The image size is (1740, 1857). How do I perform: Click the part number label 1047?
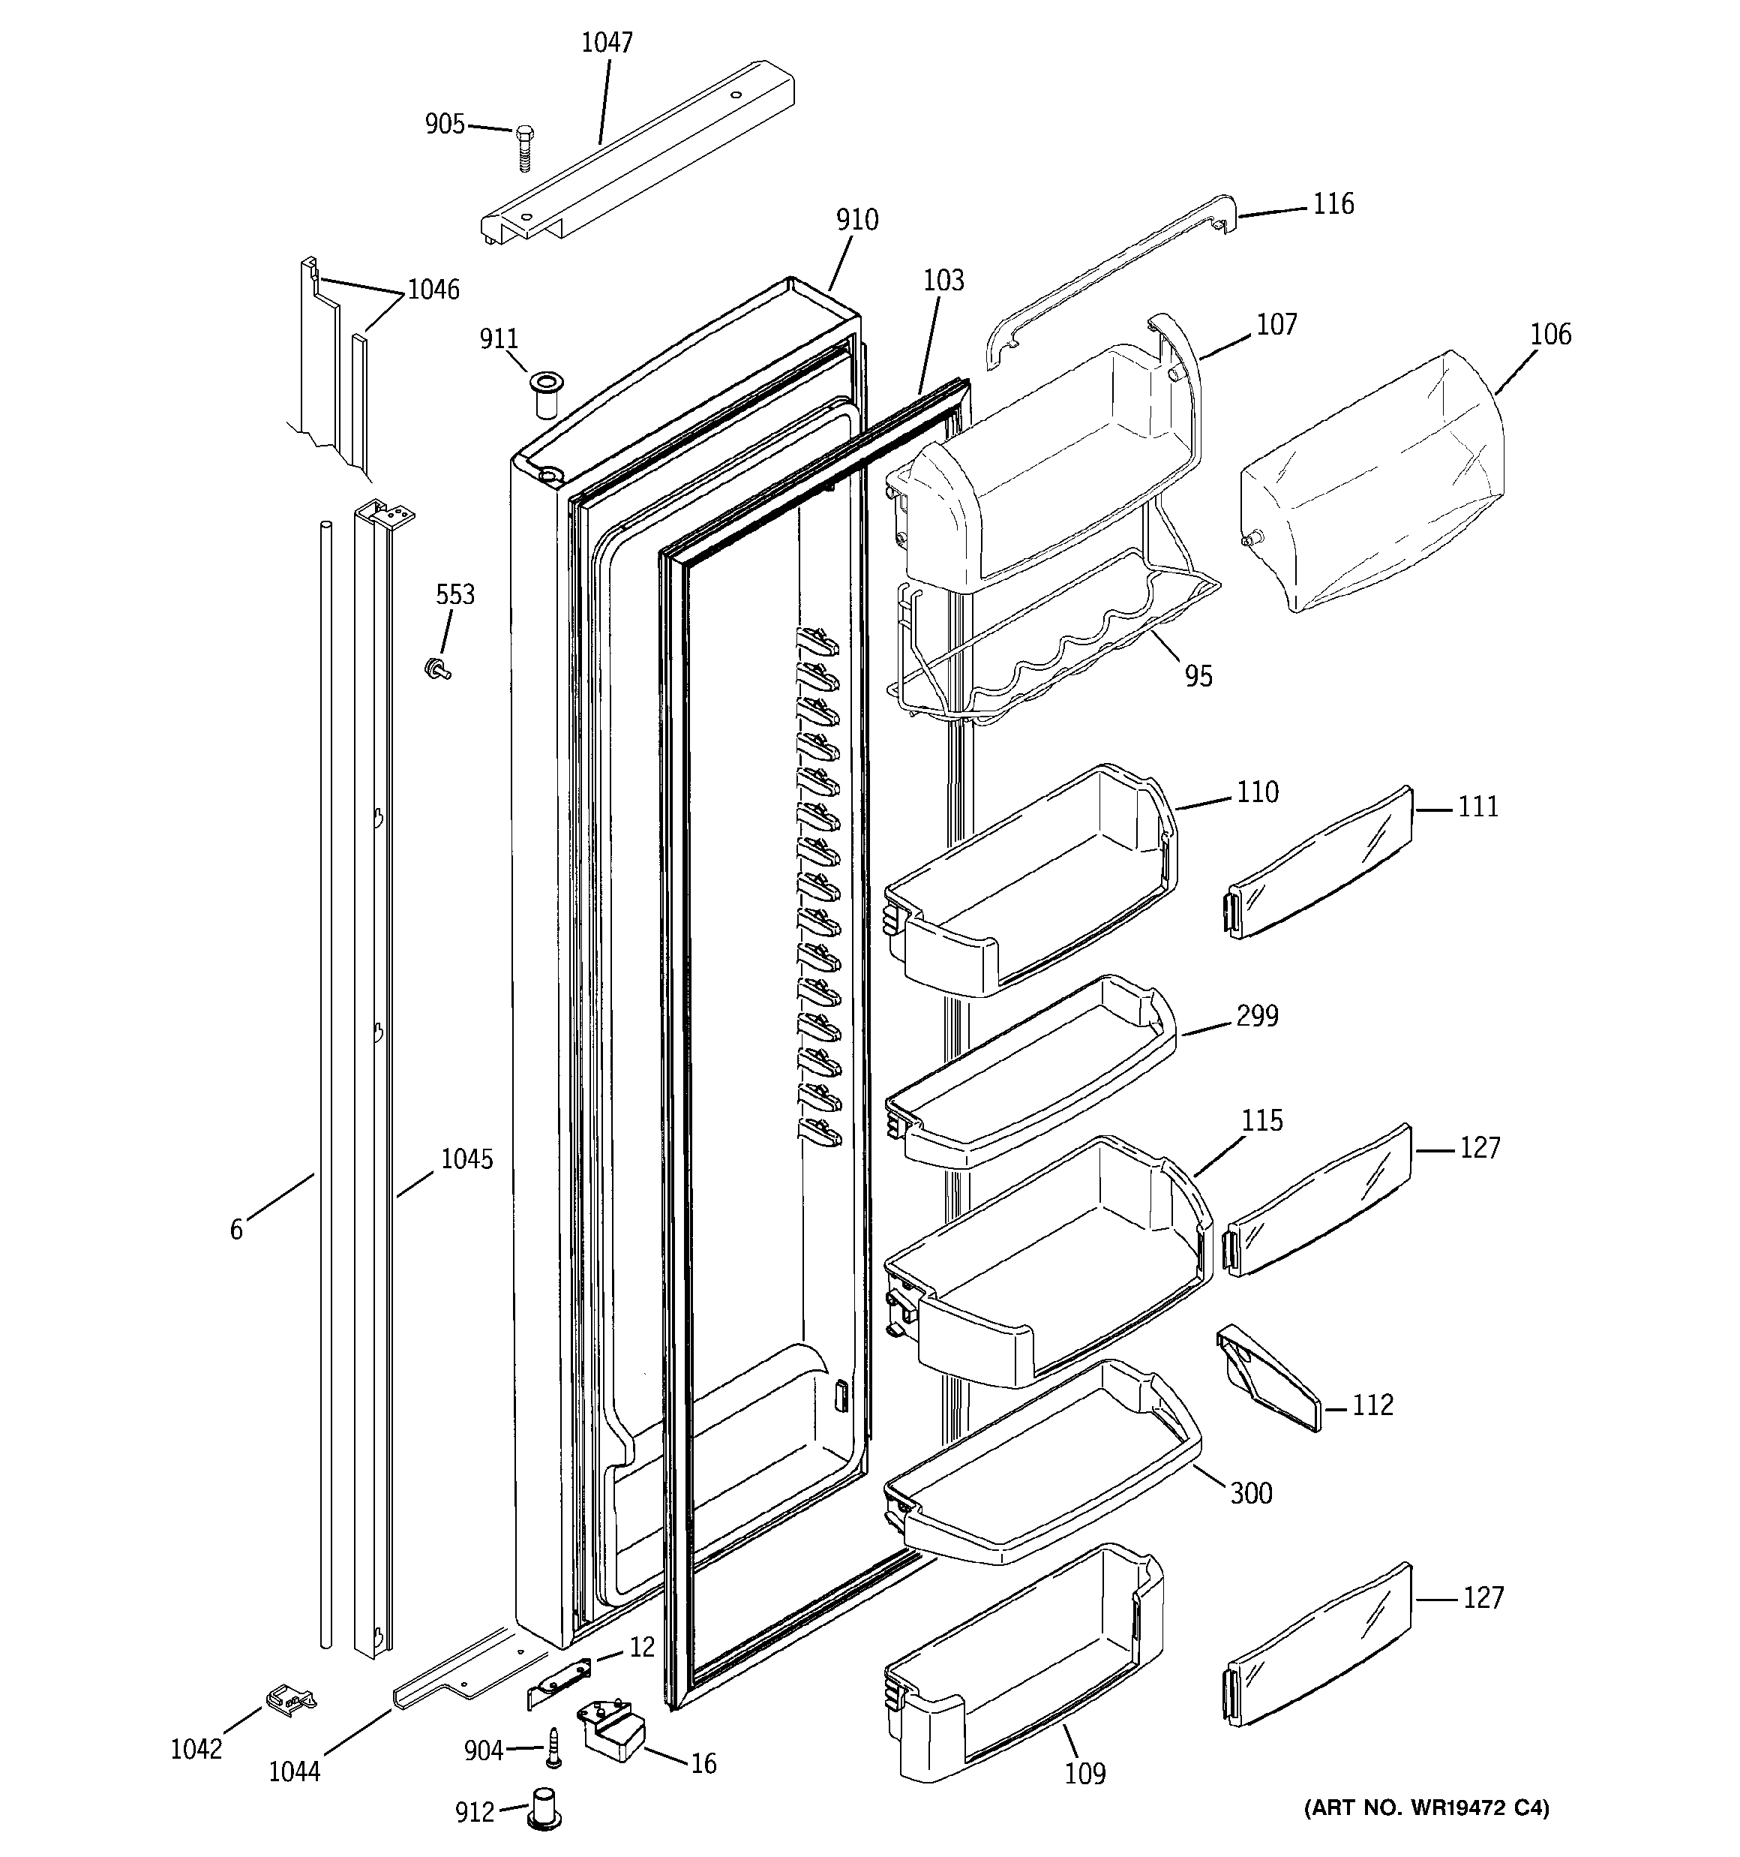(607, 43)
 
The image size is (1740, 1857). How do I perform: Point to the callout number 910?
(856, 221)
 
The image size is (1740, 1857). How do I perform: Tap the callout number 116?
(1333, 205)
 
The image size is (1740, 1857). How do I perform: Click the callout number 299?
(1256, 1017)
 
